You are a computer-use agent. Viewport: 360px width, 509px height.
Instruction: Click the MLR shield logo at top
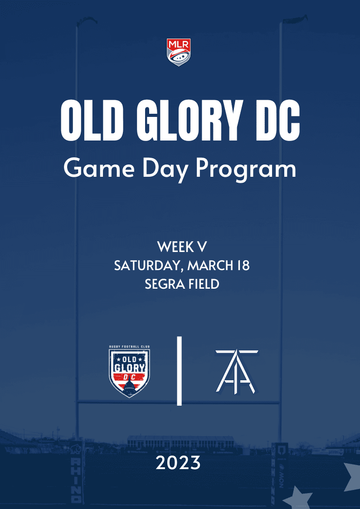coord(179,52)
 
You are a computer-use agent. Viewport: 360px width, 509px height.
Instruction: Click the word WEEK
coord(174,247)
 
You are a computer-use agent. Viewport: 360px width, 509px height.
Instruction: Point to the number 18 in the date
coord(243,266)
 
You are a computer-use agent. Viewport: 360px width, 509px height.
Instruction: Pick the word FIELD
coord(203,284)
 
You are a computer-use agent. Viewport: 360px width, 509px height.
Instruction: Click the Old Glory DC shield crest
coord(130,371)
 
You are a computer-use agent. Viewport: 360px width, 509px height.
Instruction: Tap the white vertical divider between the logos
coord(179,371)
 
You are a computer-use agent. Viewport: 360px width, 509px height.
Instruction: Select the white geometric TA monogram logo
coord(236,371)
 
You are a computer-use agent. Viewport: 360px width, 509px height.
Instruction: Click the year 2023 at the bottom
coord(178,463)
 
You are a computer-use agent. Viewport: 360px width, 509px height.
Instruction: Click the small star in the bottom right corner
coord(297,498)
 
